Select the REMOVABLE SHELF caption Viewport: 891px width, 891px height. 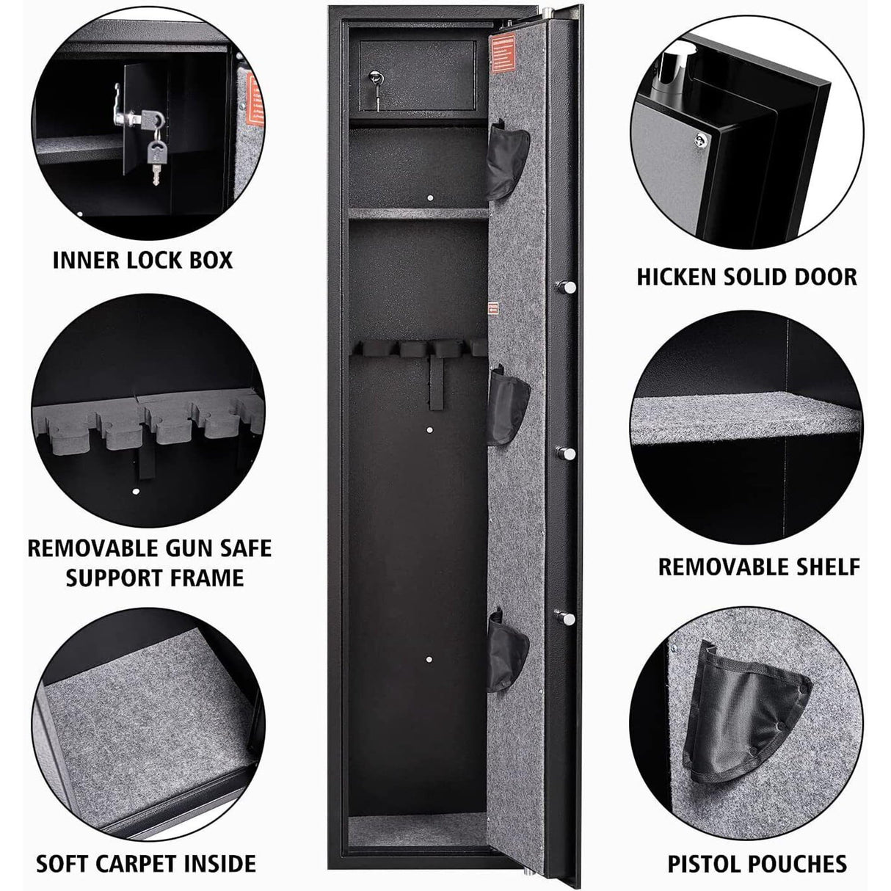tap(759, 566)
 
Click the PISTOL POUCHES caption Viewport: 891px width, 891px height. tap(757, 863)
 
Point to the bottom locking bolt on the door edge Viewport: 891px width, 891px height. tap(567, 618)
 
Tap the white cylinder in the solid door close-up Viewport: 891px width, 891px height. tap(677, 71)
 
